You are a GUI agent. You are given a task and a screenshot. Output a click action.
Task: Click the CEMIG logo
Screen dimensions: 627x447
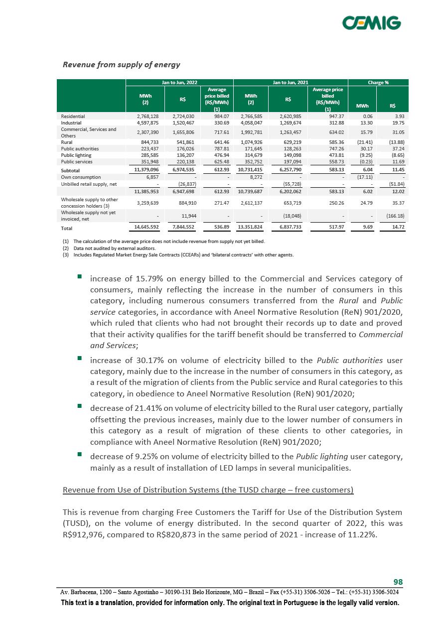pyautogui.click(x=371, y=23)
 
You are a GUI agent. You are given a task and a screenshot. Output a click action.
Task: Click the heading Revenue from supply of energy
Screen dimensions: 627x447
pyautogui.click(x=121, y=65)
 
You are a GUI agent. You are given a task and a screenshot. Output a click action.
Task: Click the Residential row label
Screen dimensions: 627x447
pyautogui.click(x=73, y=116)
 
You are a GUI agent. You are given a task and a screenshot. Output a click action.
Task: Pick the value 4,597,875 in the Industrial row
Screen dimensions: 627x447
pyautogui.click(x=148, y=123)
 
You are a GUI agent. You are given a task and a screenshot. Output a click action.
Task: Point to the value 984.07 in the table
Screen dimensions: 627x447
pyautogui.click(x=220, y=116)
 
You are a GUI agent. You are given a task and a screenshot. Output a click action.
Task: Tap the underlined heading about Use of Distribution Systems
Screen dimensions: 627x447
pyautogui.click(x=208, y=490)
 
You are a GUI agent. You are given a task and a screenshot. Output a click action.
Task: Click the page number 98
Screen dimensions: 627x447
pyautogui.click(x=398, y=582)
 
